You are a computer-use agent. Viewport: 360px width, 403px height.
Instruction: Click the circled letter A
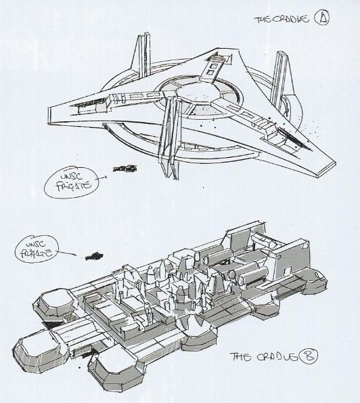pyautogui.click(x=321, y=18)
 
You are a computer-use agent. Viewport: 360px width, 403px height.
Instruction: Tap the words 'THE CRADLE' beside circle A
pyautogui.click(x=282, y=20)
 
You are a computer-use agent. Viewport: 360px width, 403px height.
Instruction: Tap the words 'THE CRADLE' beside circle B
pyautogui.click(x=264, y=357)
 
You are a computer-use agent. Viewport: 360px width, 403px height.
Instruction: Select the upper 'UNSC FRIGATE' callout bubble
pyautogui.click(x=71, y=182)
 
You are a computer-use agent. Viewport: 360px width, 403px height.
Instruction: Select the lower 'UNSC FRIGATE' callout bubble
pyautogui.click(x=37, y=248)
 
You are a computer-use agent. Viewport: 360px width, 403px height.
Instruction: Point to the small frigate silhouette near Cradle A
pyautogui.click(x=125, y=169)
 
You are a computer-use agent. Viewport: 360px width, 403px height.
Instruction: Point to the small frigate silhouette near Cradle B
pyautogui.click(x=94, y=256)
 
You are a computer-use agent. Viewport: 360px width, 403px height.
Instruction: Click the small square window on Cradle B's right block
pyautogui.click(x=288, y=271)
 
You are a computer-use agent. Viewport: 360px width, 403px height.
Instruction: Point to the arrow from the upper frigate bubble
pyautogui.click(x=102, y=178)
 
